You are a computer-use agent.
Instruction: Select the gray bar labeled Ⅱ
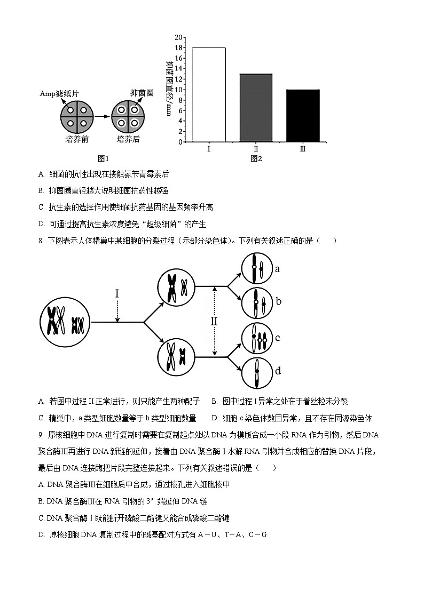[x=256, y=108]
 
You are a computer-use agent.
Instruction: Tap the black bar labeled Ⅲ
[x=303, y=115]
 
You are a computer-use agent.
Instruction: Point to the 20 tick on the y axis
[x=179, y=37]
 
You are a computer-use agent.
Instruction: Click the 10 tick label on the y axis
[x=179, y=90]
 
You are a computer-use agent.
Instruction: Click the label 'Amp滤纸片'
[x=59, y=93]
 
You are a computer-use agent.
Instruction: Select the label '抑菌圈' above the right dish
[x=142, y=93]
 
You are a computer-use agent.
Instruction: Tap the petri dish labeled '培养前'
[x=77, y=117]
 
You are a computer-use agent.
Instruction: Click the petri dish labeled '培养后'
[x=128, y=117]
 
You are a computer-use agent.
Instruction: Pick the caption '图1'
[x=103, y=158]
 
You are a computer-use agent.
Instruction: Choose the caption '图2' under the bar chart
[x=256, y=158]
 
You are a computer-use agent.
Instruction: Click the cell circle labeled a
[x=257, y=268]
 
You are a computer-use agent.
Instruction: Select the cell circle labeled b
[x=257, y=302]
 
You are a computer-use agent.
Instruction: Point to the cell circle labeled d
[x=257, y=372]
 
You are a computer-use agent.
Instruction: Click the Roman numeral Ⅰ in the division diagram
[x=117, y=294]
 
